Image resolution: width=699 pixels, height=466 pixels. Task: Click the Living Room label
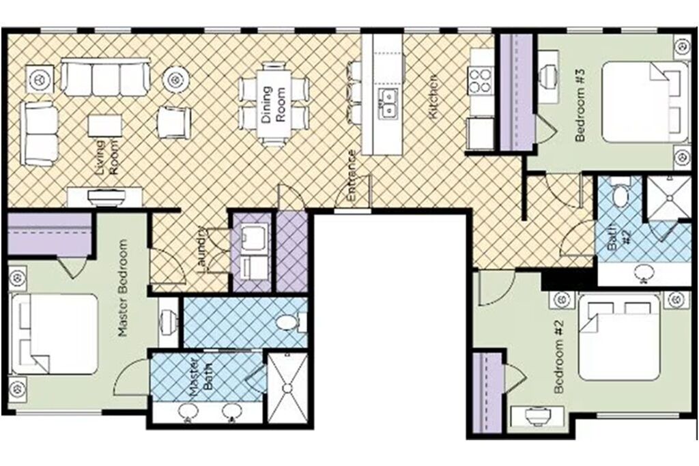coord(107,157)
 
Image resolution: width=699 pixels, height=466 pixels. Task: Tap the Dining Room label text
coord(273,104)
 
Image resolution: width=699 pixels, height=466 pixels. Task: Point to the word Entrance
coord(352,175)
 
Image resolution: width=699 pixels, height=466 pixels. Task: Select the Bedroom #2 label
coord(558,357)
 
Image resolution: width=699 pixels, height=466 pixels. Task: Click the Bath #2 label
coord(618,238)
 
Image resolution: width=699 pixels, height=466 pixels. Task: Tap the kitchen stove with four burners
coord(480,80)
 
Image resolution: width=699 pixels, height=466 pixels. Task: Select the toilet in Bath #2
coord(620,193)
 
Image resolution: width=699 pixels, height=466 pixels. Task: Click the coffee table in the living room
coord(104,126)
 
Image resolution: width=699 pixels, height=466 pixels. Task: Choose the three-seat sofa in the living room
coord(106,78)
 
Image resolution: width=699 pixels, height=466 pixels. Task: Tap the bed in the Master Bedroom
coord(54,334)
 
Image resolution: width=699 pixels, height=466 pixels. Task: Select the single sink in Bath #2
coord(643,273)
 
